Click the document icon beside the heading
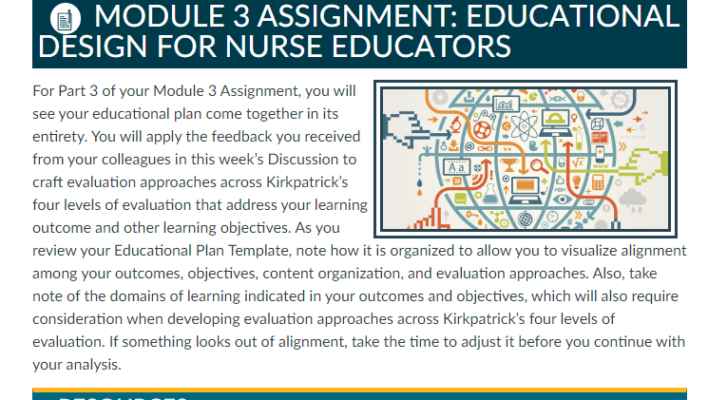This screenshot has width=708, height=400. point(66,18)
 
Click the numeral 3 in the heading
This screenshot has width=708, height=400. point(241,16)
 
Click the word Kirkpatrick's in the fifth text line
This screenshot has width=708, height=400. point(307,181)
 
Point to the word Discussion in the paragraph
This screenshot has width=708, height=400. point(312,160)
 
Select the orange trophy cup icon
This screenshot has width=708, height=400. point(508,164)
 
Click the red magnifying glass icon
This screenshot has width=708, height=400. point(539,166)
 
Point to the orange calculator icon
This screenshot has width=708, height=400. point(598,181)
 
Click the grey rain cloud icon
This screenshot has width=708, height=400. point(633,200)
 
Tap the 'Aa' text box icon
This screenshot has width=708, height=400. point(456,167)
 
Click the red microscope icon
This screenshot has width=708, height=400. point(455,124)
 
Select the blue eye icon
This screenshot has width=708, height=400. point(562,199)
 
